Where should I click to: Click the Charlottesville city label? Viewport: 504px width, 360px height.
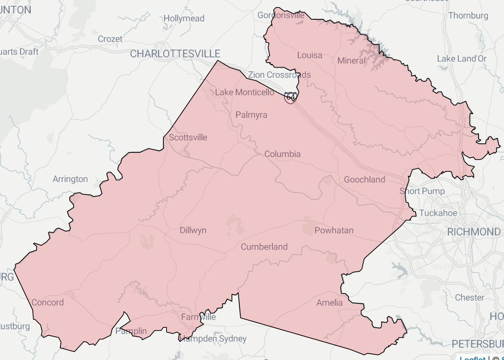pos(175,54)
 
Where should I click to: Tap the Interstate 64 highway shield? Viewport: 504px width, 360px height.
pos(290,97)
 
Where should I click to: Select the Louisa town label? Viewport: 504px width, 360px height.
pos(310,55)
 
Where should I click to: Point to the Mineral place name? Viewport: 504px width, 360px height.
pos(352,61)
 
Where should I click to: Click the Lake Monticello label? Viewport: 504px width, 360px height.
pos(244,92)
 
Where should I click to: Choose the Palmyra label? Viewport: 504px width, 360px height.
pos(251,115)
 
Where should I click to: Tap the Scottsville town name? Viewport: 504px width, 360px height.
pos(188,137)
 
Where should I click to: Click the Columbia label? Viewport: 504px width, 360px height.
pos(282,154)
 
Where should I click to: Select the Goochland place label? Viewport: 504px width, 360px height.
pos(364,180)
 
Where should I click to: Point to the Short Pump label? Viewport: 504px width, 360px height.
pos(421,191)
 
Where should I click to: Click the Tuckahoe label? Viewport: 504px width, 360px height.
pos(438,213)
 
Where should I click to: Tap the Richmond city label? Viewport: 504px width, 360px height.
pos(473,232)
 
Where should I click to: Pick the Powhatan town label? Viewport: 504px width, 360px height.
pos(334,230)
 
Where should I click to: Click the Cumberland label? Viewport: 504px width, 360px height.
pos(264,247)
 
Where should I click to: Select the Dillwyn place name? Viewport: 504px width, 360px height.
pos(193,230)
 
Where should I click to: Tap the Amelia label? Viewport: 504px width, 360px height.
pos(329,302)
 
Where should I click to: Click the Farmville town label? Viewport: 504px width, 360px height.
pos(198,317)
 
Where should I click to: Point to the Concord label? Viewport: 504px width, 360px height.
pos(48,302)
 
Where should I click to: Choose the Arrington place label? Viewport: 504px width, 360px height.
pos(70,179)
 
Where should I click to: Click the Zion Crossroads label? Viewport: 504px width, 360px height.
pos(279,75)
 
